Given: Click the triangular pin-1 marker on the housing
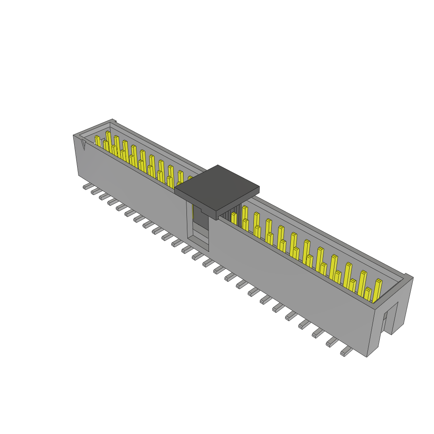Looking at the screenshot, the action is tap(83, 145).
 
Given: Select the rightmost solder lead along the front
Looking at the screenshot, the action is tap(346, 351).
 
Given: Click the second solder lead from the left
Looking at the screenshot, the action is tap(95, 191).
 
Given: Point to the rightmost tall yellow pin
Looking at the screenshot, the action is tap(377, 290).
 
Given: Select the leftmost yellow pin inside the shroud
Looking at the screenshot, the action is tap(97, 141).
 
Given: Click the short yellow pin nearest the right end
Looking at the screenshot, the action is tap(367, 294).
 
